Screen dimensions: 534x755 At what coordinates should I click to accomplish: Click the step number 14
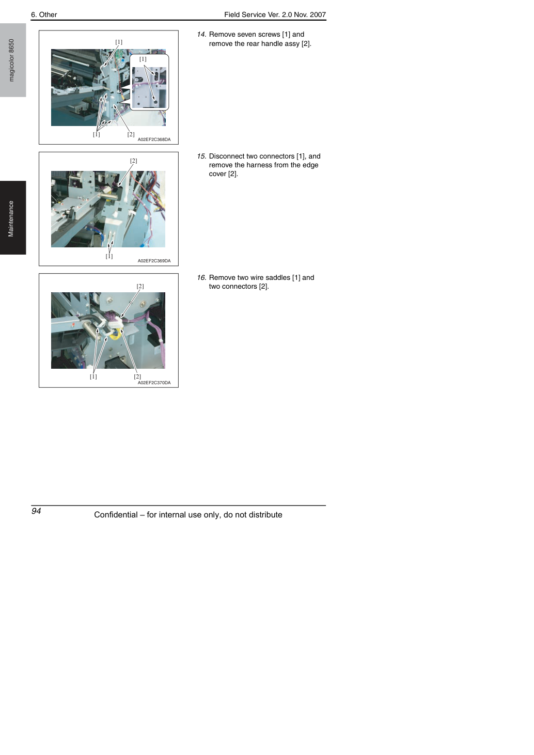[x=201, y=35]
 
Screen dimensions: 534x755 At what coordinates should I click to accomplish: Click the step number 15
[x=201, y=156]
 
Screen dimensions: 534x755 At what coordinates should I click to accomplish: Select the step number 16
[x=201, y=277]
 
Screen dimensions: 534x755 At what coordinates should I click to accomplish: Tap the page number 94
[x=36, y=511]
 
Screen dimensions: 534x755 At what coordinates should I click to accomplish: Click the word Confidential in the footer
[x=116, y=515]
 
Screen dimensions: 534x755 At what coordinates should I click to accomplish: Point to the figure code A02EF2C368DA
[x=154, y=139]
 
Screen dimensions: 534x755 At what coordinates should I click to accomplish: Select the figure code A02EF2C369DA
[x=154, y=261]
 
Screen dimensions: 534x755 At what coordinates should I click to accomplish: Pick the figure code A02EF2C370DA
[x=154, y=383]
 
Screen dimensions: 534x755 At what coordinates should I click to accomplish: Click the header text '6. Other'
[x=44, y=14]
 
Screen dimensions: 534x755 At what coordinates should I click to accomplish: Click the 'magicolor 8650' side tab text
[x=11, y=60]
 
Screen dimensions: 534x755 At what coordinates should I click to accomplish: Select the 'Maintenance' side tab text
[x=11, y=219]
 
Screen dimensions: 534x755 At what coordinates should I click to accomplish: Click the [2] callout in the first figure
[x=131, y=134]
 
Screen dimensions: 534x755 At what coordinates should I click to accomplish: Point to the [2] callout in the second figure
[x=133, y=161]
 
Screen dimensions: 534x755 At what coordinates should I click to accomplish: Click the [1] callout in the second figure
[x=109, y=256]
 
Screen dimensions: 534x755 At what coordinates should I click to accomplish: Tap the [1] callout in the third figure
[x=93, y=376]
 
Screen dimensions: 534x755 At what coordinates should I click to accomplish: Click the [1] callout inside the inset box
[x=143, y=59]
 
